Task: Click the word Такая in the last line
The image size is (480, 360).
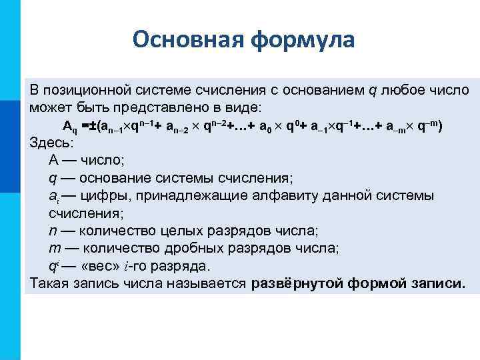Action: (48, 283)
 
